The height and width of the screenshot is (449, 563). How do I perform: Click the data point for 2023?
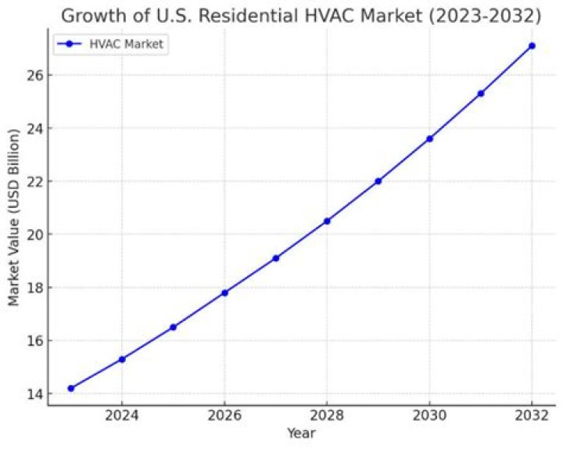point(71,388)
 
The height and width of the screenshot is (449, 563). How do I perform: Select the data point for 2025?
point(173,327)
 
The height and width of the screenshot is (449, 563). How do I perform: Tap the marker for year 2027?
point(276,258)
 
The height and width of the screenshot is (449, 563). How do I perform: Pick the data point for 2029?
point(378,181)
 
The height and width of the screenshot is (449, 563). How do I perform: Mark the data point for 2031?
point(481,93)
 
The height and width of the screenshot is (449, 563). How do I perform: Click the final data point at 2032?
point(532,46)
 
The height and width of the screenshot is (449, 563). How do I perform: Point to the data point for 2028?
point(327,221)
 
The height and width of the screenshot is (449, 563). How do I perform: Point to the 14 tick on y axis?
point(33,393)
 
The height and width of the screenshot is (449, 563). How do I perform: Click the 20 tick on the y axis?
point(33,234)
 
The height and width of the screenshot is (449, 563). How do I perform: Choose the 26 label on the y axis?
point(33,75)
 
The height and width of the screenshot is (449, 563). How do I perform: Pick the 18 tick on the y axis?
point(33,287)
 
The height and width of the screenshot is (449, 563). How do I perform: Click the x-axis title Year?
point(301,433)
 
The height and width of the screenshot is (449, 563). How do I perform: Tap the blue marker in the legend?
point(69,45)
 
